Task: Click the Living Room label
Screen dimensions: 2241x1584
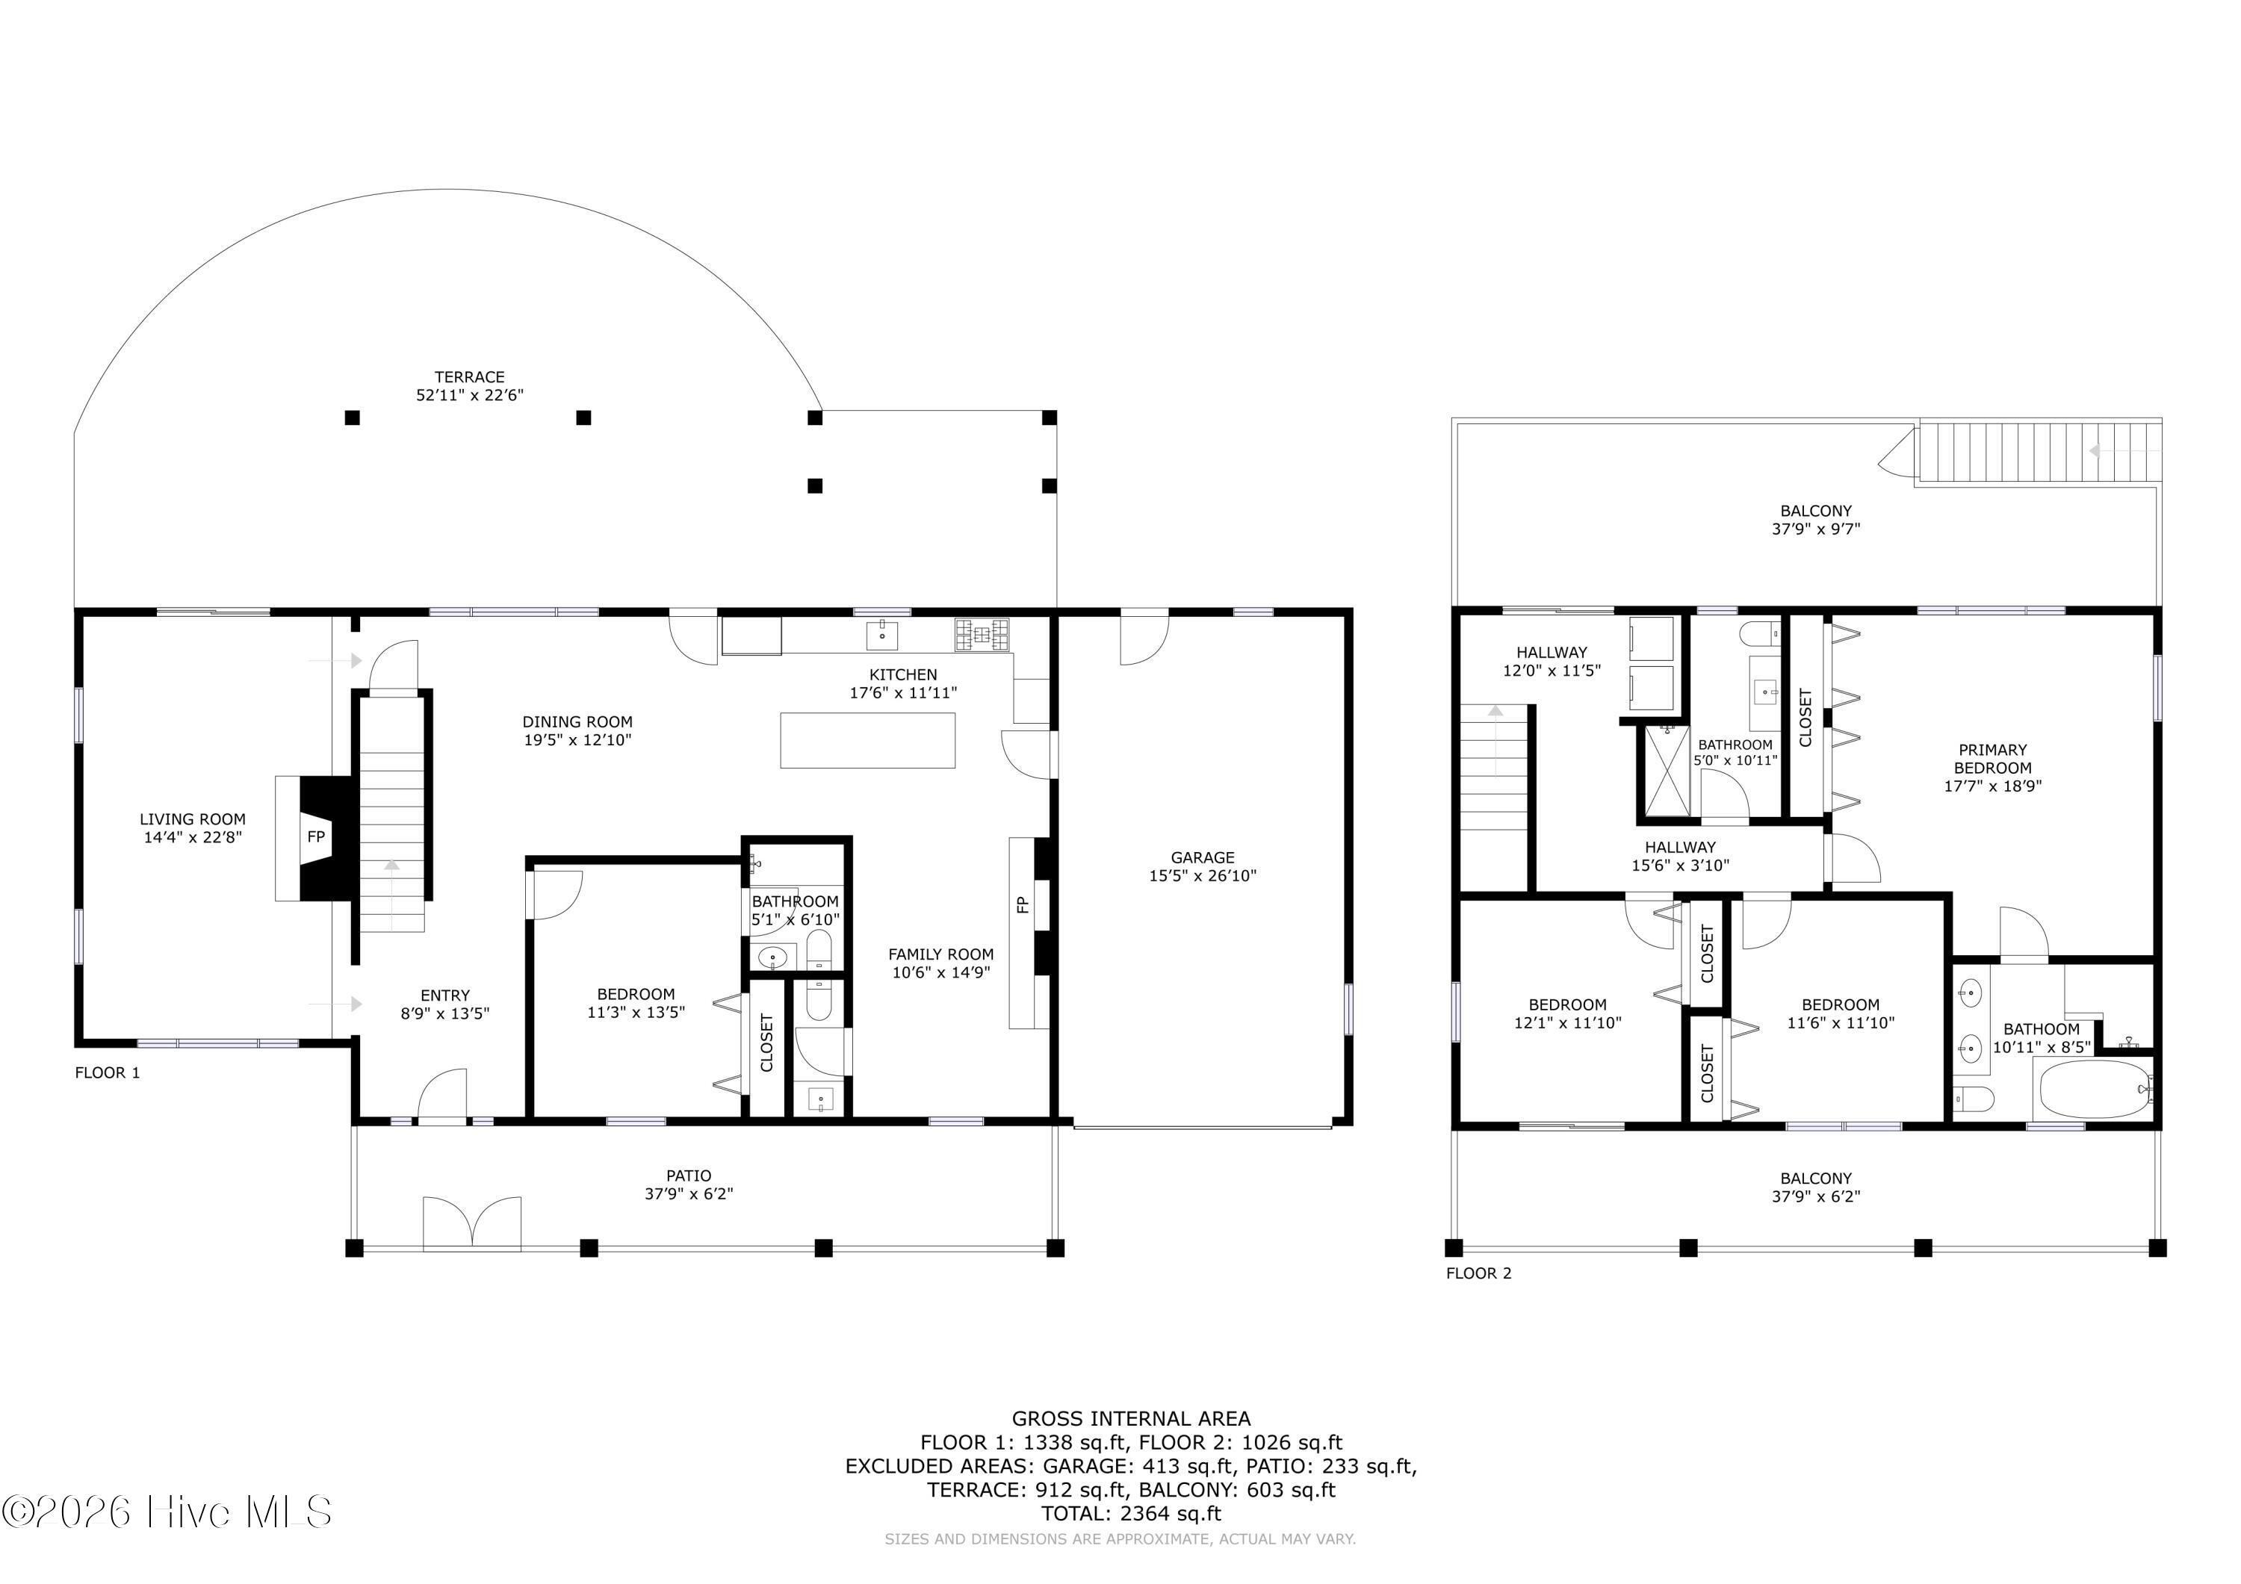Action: tap(192, 820)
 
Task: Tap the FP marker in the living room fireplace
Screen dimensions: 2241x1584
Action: tap(316, 836)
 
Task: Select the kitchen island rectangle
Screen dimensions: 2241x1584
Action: tap(868, 741)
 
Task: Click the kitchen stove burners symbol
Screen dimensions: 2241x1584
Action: tap(983, 636)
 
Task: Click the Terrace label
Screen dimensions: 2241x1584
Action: tap(469, 376)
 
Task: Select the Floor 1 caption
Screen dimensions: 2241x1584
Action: tap(108, 1072)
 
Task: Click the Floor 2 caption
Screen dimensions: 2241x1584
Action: tap(1479, 1273)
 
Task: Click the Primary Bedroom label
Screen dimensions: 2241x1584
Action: tap(1993, 758)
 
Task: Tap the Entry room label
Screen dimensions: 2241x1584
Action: tap(445, 996)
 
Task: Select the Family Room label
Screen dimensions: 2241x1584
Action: tap(941, 954)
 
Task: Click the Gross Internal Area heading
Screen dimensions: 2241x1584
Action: tap(1131, 1419)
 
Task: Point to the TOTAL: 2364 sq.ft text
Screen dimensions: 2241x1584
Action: tap(1131, 1514)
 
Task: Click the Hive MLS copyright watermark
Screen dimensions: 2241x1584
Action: tap(167, 1512)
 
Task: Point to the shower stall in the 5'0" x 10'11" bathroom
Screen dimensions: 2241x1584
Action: tap(1668, 771)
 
